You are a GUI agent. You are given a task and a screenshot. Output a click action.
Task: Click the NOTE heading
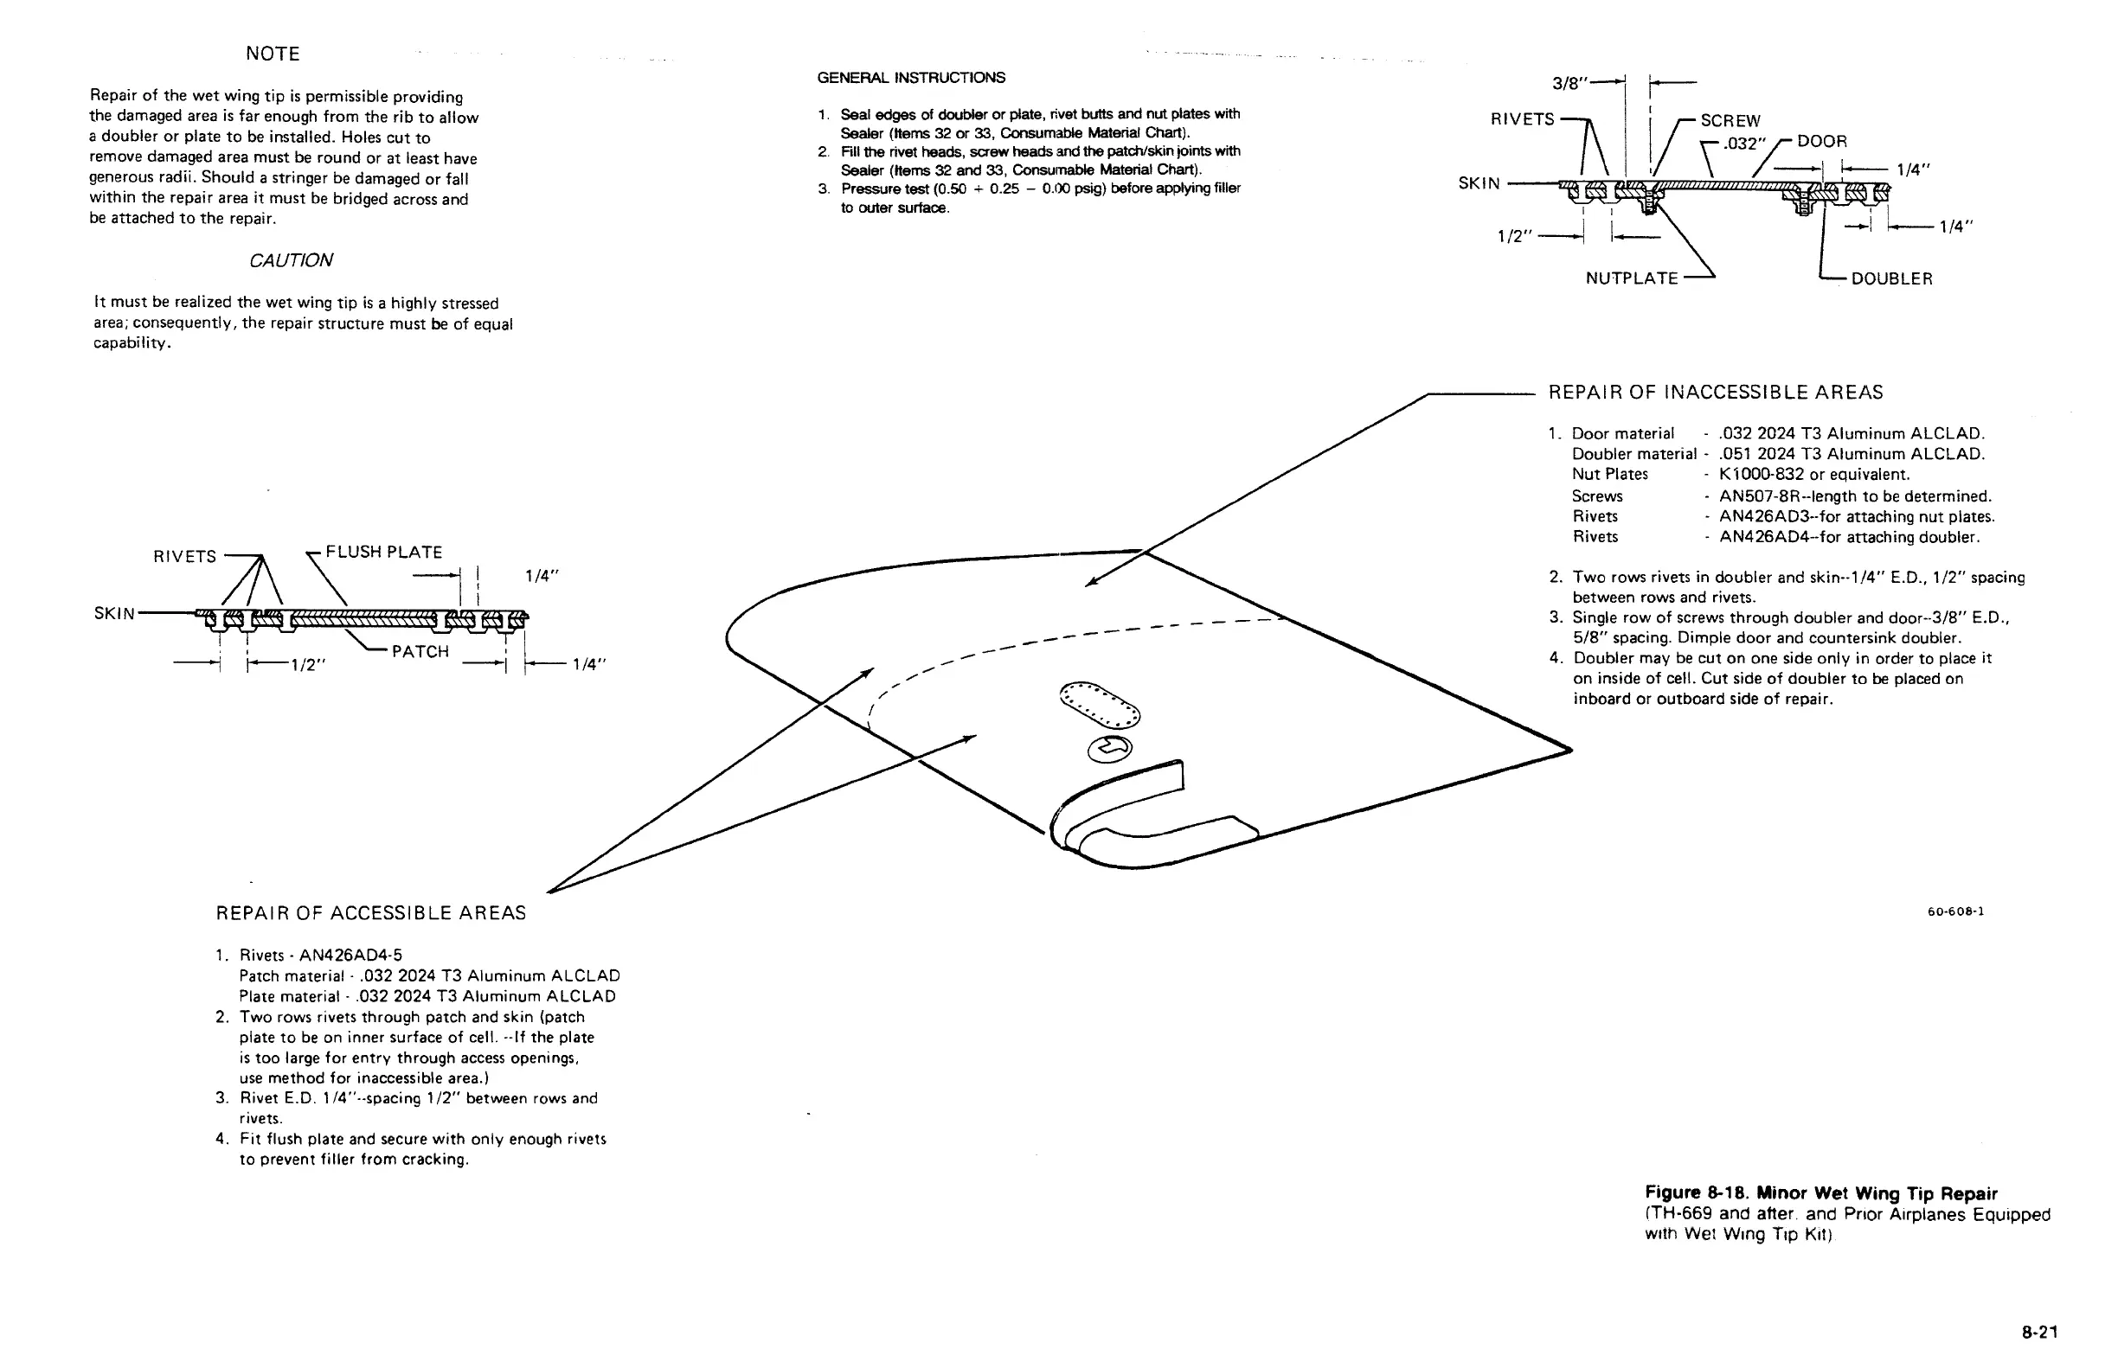pos(273,54)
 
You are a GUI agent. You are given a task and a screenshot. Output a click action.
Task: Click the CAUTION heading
pos(291,260)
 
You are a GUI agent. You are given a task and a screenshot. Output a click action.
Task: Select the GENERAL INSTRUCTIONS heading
pos(911,78)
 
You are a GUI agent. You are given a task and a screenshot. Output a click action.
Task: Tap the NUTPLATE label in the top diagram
pos(1632,279)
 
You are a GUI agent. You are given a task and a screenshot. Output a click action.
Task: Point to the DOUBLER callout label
pos(1891,279)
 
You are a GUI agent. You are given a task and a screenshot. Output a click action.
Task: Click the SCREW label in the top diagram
pos(1730,121)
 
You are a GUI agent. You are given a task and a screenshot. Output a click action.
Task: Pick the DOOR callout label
pos(1822,141)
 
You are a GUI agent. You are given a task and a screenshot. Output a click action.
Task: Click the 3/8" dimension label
pos(1569,85)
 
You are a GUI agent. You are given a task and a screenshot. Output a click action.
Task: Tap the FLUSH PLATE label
pos(384,553)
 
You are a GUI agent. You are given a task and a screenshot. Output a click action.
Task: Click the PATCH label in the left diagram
pos(420,652)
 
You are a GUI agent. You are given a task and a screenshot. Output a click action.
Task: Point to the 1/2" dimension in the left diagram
pos(309,665)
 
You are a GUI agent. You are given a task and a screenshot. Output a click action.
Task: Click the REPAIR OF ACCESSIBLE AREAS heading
pos(370,913)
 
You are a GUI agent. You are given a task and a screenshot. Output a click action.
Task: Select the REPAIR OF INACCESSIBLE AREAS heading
pos(1716,393)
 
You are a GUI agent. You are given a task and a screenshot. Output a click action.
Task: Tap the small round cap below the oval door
pos(1110,749)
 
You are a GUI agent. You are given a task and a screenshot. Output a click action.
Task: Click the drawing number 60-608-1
pos(1955,911)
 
